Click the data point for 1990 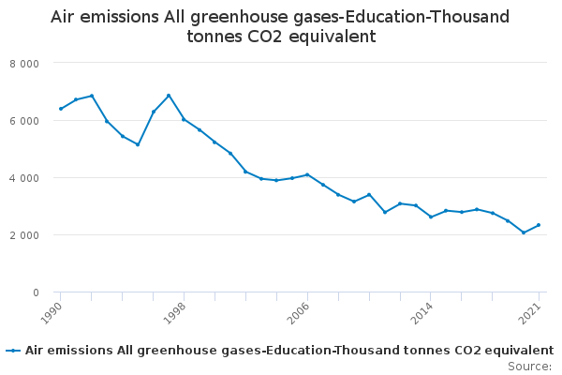click(61, 109)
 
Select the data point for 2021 click(539, 225)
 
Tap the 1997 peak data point click(169, 96)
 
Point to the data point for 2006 click(307, 174)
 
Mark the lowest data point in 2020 click(524, 232)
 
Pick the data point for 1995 click(138, 144)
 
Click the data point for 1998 click(184, 119)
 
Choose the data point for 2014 click(431, 217)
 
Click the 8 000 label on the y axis click(24, 64)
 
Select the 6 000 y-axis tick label click(24, 121)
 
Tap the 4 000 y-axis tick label click(24, 178)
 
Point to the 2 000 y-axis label click(24, 235)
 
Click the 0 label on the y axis click(36, 292)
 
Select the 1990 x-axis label click(52, 313)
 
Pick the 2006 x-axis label click(299, 313)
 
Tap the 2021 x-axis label click(530, 313)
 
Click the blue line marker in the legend click(13, 351)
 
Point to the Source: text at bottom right click(529, 367)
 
